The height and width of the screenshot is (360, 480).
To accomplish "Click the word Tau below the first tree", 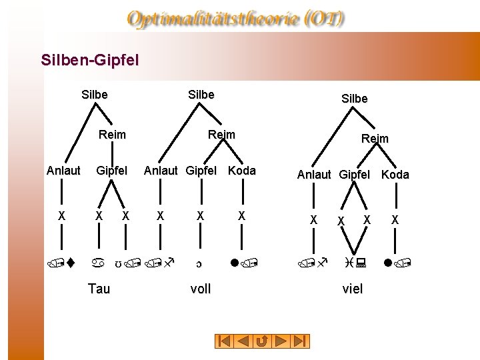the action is pyautogui.click(x=99, y=288).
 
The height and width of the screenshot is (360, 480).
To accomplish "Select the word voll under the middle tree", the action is pyautogui.click(x=200, y=288).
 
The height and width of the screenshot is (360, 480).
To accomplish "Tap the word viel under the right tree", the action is pyautogui.click(x=352, y=288).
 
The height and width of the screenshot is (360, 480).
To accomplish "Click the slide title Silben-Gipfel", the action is pyautogui.click(x=90, y=61).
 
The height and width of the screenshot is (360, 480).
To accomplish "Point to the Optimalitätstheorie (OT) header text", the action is pyautogui.click(x=237, y=19).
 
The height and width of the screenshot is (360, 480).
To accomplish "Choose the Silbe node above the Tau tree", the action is pyautogui.click(x=94, y=95).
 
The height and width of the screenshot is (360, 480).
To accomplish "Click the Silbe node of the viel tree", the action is pyautogui.click(x=354, y=99).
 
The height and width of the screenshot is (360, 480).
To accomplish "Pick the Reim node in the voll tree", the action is pyautogui.click(x=221, y=135).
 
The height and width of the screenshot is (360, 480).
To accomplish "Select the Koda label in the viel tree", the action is pyautogui.click(x=395, y=175).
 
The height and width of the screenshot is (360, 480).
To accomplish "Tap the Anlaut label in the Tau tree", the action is pyautogui.click(x=63, y=171).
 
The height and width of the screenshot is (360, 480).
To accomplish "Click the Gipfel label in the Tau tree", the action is pyautogui.click(x=111, y=171).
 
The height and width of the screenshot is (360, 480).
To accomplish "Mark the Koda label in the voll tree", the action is pyautogui.click(x=241, y=171).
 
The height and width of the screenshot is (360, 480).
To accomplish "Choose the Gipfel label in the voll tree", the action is pyautogui.click(x=201, y=171).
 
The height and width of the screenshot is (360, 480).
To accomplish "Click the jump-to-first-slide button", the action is pyautogui.click(x=225, y=341).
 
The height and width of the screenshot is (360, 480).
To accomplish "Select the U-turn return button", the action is pyautogui.click(x=263, y=341).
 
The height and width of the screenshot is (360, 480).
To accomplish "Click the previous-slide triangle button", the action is pyautogui.click(x=244, y=341).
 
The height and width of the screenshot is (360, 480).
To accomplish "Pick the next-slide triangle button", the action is pyautogui.click(x=282, y=341).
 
